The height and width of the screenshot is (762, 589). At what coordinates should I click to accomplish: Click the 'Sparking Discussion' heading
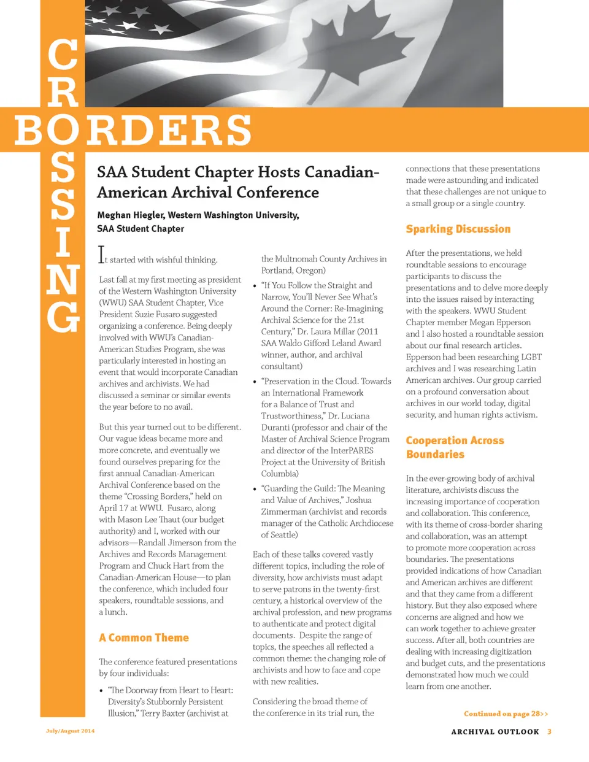point(458,229)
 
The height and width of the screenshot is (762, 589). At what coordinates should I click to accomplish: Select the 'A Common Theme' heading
point(144,637)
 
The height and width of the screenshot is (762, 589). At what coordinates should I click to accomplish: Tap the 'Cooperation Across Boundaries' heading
point(455,447)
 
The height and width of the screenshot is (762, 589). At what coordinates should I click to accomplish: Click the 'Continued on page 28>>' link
point(506,714)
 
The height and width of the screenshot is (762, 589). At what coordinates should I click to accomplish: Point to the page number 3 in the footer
point(550,731)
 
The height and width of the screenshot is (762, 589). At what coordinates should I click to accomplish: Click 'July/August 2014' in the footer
point(70,731)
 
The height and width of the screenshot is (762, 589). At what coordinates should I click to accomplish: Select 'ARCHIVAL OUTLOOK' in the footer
point(495,731)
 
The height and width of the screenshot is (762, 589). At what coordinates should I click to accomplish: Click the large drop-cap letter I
point(102,255)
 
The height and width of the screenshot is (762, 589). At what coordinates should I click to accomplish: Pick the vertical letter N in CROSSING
point(63,279)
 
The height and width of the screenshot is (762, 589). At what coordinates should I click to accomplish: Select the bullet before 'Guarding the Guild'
point(255,490)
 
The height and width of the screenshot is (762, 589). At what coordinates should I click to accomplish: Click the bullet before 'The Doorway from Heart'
point(101,691)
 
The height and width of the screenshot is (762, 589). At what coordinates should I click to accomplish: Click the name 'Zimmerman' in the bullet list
point(283,512)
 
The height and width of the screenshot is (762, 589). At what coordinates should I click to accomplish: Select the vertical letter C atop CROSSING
point(63,55)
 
